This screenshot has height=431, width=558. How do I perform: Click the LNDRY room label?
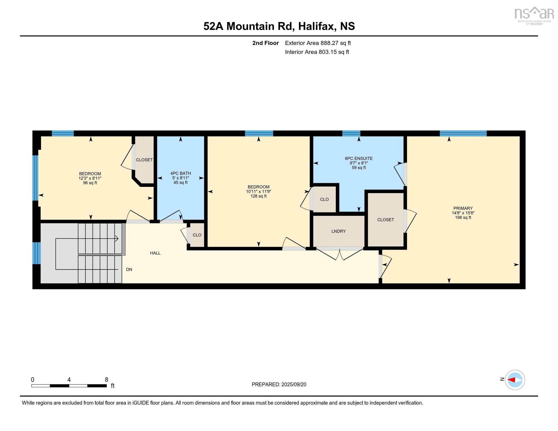click(338, 231)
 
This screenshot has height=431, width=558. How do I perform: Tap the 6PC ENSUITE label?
click(359, 158)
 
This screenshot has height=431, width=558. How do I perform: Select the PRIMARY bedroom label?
click(463, 208)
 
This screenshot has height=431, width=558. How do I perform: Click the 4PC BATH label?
click(181, 173)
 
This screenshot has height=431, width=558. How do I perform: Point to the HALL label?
click(155, 253)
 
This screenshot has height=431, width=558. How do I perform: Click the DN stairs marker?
click(129, 269)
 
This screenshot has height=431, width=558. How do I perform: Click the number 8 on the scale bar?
click(107, 380)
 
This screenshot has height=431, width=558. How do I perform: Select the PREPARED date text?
click(279, 385)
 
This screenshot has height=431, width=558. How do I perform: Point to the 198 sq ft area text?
click(463, 218)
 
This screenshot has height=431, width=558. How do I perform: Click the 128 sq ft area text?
click(258, 196)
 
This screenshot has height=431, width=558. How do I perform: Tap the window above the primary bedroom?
click(463, 133)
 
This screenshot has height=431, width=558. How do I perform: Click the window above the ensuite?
click(351, 133)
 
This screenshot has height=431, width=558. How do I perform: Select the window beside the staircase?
click(37, 253)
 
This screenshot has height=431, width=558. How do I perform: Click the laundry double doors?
click(340, 253)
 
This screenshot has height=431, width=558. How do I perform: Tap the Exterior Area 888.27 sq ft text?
click(318, 43)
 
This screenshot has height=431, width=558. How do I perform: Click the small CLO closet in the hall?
click(197, 235)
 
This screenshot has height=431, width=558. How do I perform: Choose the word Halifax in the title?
click(316, 26)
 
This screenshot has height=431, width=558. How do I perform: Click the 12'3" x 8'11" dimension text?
click(90, 178)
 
